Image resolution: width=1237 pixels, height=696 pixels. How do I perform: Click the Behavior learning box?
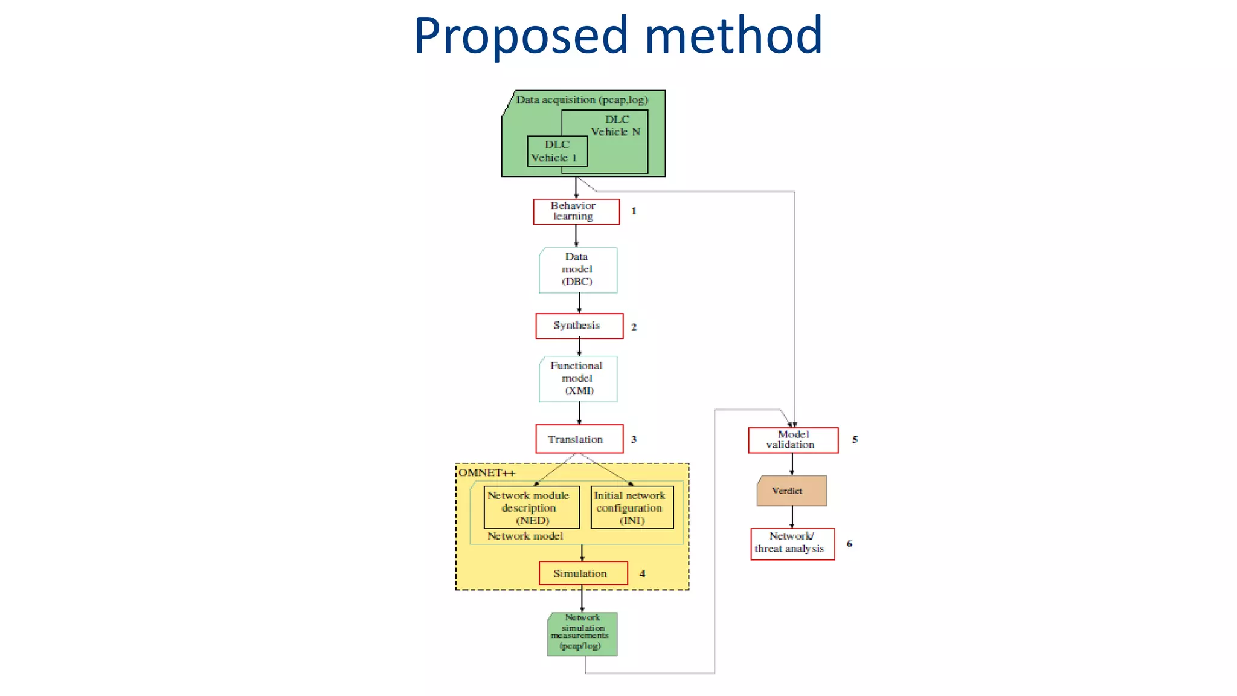pos(576,211)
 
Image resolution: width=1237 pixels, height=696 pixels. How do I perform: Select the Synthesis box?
pos(579,326)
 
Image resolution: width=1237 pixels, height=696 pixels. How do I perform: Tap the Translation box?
pos(579,439)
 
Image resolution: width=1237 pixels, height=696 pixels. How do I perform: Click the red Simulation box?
pos(583,573)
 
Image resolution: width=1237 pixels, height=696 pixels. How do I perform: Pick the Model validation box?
pos(792,440)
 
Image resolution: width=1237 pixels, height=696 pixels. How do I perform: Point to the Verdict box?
pos(791,491)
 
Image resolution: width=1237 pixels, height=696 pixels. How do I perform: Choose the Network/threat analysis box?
pos(792,544)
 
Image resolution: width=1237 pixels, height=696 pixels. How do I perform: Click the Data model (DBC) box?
pos(578,270)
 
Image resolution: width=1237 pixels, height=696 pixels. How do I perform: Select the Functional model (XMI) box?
pos(578,379)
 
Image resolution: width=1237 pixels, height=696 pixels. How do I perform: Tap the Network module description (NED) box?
pos(531,507)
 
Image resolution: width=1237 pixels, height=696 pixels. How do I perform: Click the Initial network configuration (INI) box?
pos(632,507)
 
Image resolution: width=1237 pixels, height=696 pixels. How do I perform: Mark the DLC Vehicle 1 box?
pos(557,151)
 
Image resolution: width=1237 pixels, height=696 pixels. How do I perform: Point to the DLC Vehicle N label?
pos(616,126)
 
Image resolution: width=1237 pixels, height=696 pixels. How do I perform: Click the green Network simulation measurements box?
pos(582,634)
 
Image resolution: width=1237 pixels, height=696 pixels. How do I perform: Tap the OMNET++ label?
pos(486,472)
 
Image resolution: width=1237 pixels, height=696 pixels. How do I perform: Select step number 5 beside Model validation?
pos(855,439)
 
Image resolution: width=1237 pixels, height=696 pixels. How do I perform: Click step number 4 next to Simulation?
pos(642,573)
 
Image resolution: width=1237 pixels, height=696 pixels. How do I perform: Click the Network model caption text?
pos(525,536)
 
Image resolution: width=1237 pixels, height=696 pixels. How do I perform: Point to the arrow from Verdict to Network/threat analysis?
pos(792,517)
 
